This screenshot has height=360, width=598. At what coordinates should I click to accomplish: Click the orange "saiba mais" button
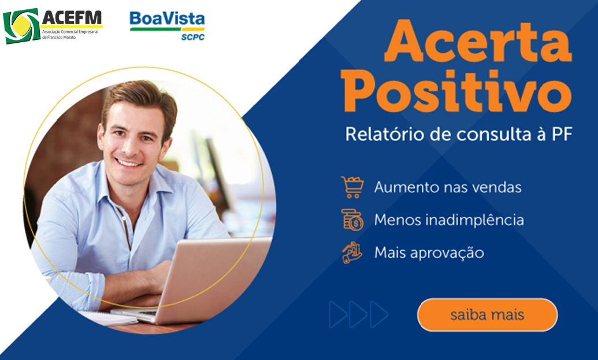[x=488, y=315]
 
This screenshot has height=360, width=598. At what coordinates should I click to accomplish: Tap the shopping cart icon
[x=352, y=187]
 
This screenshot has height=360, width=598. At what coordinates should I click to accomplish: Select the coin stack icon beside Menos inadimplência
[x=352, y=220]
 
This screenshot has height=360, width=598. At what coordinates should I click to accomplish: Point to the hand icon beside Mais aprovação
[x=352, y=253]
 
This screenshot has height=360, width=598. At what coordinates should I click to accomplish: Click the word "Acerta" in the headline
[x=478, y=42]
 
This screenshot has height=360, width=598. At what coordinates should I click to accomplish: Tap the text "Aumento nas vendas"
[x=448, y=187]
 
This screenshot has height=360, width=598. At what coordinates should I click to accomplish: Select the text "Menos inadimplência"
[x=449, y=220]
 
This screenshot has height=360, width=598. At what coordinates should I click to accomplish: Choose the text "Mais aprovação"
[x=429, y=253]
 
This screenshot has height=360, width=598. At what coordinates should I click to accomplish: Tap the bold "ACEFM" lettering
[x=72, y=17]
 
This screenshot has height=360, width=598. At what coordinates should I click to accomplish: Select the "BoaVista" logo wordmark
[x=167, y=18]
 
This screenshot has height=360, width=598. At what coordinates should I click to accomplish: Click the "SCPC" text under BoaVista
[x=193, y=37]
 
